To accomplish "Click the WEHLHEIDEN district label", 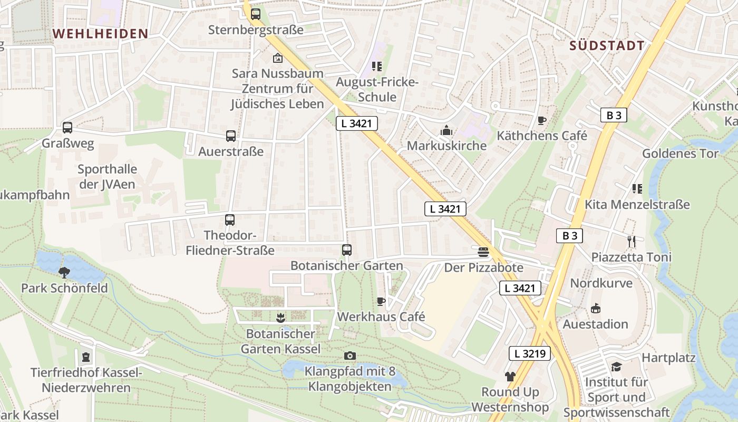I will (x=100, y=34).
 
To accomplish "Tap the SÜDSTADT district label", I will (x=607, y=46).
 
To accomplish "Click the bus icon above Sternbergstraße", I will (x=256, y=14).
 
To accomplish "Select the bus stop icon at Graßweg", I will (x=67, y=128).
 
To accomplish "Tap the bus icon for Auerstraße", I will (x=231, y=136).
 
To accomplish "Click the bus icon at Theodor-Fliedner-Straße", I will (x=230, y=220).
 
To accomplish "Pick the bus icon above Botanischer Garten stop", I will (x=346, y=250).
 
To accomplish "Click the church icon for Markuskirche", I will (x=446, y=130).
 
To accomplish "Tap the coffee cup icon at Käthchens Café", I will (x=542, y=121).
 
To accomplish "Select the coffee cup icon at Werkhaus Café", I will (x=381, y=301).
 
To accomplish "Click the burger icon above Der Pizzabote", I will (x=483, y=252).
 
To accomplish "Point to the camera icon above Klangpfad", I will (x=349, y=356).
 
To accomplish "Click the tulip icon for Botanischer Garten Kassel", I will (x=280, y=318).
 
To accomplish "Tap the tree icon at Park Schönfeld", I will (x=64, y=273).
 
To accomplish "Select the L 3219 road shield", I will (x=530, y=353).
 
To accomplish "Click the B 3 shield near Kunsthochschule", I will (x=614, y=115).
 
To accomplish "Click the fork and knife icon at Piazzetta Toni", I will (x=632, y=242).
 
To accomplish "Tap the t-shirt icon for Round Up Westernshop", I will (x=510, y=376).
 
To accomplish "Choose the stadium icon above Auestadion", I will (x=596, y=308).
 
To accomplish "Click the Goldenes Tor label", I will (x=680, y=154).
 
